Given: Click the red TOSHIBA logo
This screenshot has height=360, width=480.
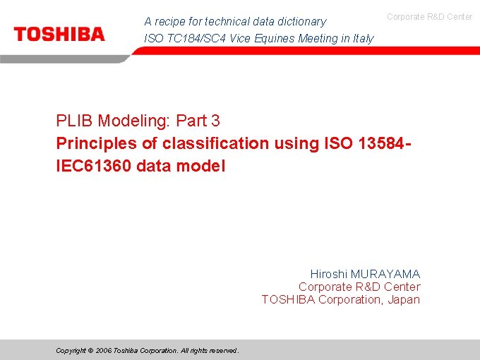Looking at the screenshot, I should tap(59, 34).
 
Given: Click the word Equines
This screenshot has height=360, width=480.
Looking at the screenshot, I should tap(275, 39).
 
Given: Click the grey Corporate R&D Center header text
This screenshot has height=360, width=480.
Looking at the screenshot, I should tap(430, 16).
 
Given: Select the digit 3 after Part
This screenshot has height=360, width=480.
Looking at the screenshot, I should tap(215, 121).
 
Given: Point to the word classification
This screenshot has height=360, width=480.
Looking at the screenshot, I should tap(215, 143).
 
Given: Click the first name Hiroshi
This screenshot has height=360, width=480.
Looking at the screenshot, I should tap(329, 274).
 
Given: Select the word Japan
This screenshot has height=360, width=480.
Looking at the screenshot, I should tap(403, 299).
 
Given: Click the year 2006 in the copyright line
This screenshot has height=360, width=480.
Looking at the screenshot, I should tap(104, 351).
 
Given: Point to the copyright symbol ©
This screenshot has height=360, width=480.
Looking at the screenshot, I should tap(91, 351).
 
